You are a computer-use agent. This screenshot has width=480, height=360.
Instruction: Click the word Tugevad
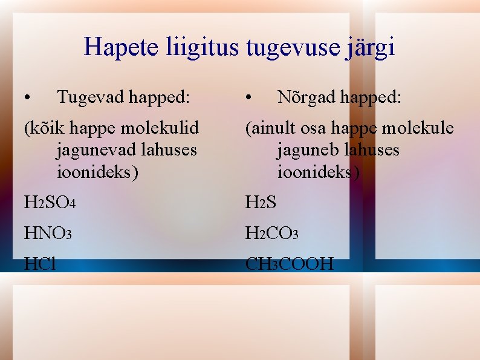(90, 97)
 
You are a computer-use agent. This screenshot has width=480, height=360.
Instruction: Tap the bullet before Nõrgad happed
(249, 97)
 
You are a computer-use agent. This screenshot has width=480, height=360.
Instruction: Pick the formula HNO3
(48, 233)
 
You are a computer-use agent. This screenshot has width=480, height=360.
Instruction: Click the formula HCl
(40, 264)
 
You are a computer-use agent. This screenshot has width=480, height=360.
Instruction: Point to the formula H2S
(261, 203)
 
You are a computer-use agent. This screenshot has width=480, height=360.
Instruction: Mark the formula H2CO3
(271, 233)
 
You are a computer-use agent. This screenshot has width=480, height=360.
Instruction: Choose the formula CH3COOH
(289, 264)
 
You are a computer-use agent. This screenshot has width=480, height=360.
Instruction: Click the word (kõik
(45, 128)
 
